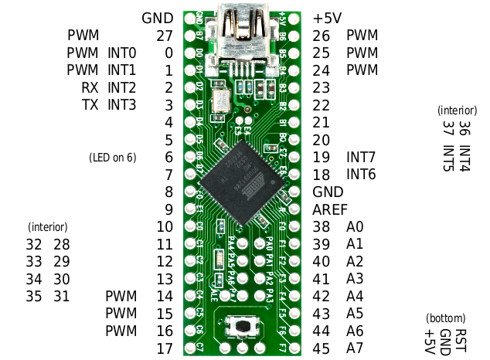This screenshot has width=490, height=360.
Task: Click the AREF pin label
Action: [x=330, y=209]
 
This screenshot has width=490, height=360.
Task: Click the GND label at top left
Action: [x=158, y=18]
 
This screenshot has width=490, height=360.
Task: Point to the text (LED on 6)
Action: [x=113, y=158]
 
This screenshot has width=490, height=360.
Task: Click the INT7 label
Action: [x=361, y=158]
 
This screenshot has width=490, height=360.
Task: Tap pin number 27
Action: [x=164, y=36]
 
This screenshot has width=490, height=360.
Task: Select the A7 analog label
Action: [x=355, y=348]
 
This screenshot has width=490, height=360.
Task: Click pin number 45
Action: [x=322, y=348]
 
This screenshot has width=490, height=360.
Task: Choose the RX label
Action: [x=90, y=87]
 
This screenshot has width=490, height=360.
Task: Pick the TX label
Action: [x=90, y=104]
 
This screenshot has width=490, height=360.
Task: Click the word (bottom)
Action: [x=446, y=318]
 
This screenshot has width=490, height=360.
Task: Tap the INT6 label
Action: [x=361, y=175]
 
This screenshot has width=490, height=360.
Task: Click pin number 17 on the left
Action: [x=164, y=348]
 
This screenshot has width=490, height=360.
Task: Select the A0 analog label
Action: [x=355, y=227]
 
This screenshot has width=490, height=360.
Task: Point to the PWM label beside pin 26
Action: [x=362, y=36]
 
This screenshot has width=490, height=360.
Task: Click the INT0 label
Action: [x=122, y=53]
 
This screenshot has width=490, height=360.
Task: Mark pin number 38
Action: [x=322, y=227]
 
